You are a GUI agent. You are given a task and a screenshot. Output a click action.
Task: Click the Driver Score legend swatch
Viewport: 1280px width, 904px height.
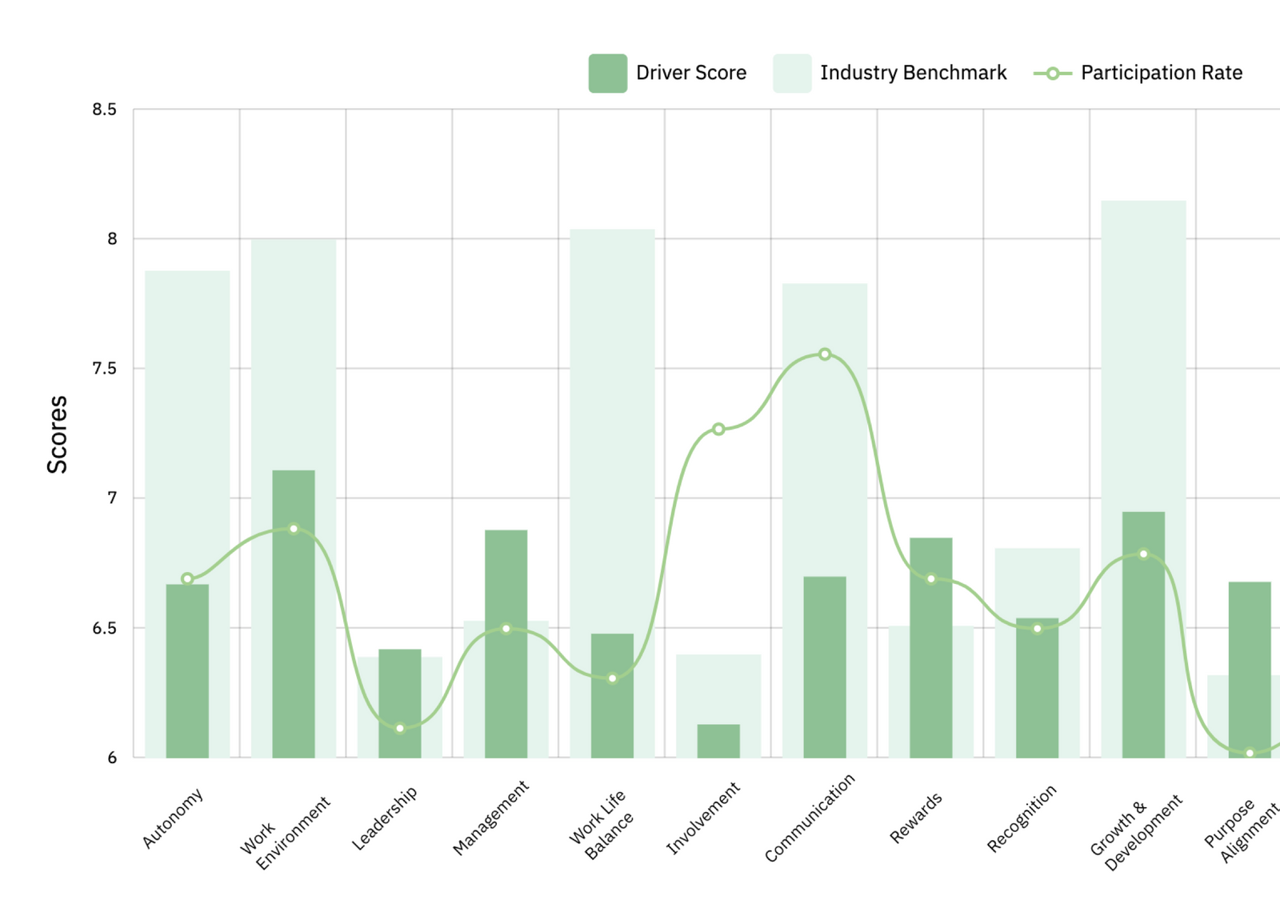607,74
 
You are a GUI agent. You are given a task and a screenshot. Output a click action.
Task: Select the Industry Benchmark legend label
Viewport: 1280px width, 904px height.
913,73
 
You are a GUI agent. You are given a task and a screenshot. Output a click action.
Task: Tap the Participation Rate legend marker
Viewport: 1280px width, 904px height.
1053,74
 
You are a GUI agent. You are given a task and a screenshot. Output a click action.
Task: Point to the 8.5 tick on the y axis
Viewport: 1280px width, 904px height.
104,110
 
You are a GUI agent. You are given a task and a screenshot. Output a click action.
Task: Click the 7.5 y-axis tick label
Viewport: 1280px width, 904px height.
104,369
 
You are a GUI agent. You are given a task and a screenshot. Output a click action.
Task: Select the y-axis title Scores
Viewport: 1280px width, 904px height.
57,434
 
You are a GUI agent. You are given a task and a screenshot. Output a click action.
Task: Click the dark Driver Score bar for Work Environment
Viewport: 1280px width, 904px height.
294,614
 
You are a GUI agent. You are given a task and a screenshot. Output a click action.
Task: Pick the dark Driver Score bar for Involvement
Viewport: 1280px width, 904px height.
718,741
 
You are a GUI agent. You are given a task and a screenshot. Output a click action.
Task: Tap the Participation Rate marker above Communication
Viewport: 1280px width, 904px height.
825,354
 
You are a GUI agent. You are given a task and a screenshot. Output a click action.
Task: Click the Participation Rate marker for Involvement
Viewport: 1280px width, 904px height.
718,430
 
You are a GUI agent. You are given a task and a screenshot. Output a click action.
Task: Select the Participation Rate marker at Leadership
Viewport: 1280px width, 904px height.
400,728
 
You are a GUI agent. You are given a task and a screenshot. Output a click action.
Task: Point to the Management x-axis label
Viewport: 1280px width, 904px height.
490,818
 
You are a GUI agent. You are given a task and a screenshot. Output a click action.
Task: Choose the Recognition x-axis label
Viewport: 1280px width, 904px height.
1022,818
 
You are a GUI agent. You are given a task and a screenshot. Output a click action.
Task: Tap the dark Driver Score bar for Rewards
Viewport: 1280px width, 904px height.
931,648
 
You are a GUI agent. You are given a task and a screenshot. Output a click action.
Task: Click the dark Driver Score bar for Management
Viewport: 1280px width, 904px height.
506,644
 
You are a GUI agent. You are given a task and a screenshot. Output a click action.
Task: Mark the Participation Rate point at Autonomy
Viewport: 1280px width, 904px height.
187,578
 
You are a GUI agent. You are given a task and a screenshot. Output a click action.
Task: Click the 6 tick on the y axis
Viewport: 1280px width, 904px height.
112,758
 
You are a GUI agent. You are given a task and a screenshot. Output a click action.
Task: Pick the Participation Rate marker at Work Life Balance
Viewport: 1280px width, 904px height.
612,678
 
